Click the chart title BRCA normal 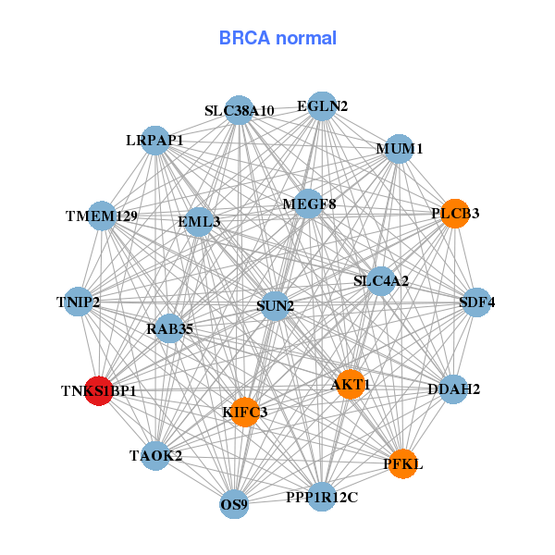(x=277, y=39)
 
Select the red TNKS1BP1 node (x=99, y=390)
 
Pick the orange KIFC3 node (x=244, y=412)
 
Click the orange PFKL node (x=402, y=463)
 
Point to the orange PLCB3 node (x=455, y=214)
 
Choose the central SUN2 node (x=276, y=305)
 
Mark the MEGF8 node (x=309, y=203)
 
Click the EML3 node (x=199, y=222)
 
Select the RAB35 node (x=169, y=327)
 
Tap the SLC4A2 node (x=381, y=280)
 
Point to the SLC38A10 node (x=240, y=111)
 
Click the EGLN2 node (x=322, y=106)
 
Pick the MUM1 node (x=399, y=148)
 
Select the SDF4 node (x=476, y=302)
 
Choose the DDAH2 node (x=453, y=389)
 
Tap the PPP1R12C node (x=321, y=498)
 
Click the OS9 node (x=235, y=505)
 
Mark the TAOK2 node (x=156, y=455)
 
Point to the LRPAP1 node (x=155, y=141)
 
